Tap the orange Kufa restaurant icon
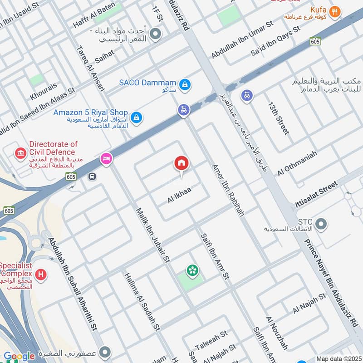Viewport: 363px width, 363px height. [x=335, y=12]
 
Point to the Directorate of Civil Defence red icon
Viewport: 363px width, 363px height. [x=20, y=153]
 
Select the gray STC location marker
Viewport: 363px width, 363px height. [x=321, y=224]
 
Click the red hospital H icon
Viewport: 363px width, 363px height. [x=41, y=275]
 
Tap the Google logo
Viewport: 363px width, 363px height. [x=19, y=356]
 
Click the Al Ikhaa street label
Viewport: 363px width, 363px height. [x=179, y=195]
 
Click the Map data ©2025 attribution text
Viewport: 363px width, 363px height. [x=338, y=358]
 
